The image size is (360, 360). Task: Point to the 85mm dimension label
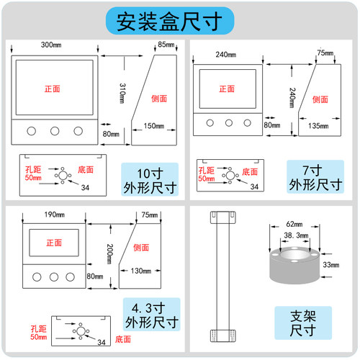pos(166,45)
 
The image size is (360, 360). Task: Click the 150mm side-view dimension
pos(153,126)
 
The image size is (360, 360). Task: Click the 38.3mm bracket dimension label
pos(296,235)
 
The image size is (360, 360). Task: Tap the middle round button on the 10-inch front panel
pos(55,131)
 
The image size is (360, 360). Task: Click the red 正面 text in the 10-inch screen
pos(53,89)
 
